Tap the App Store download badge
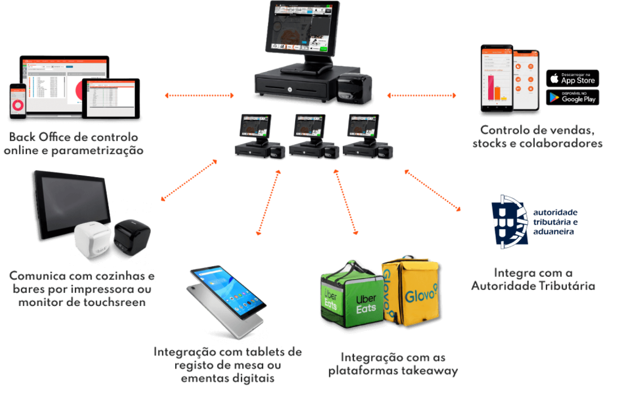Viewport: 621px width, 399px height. pyautogui.click(x=573, y=79)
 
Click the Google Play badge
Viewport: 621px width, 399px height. pyautogui.click(x=573, y=97)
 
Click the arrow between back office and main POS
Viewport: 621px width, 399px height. pyautogui.click(x=200, y=95)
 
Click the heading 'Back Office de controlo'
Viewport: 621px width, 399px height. pyautogui.click(x=74, y=137)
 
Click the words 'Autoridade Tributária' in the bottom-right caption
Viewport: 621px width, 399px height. pyautogui.click(x=533, y=286)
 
